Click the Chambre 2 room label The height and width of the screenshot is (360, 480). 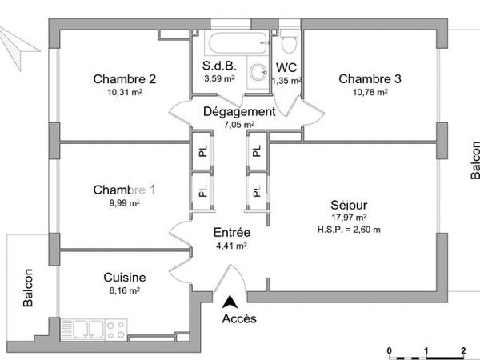124,78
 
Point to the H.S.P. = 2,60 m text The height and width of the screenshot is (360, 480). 348,230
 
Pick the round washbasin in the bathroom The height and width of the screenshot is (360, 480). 258,73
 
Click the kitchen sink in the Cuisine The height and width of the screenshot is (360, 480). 89,327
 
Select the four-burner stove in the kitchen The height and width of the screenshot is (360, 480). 116,327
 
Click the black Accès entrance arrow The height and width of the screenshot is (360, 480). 230,302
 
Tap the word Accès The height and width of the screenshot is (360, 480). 239,319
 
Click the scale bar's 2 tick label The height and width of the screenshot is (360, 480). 464,351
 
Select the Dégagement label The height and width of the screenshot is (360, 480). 238,112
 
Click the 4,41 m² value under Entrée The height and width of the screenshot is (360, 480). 230,246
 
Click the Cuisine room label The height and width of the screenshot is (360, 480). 123,278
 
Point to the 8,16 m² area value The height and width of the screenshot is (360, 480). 124,291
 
